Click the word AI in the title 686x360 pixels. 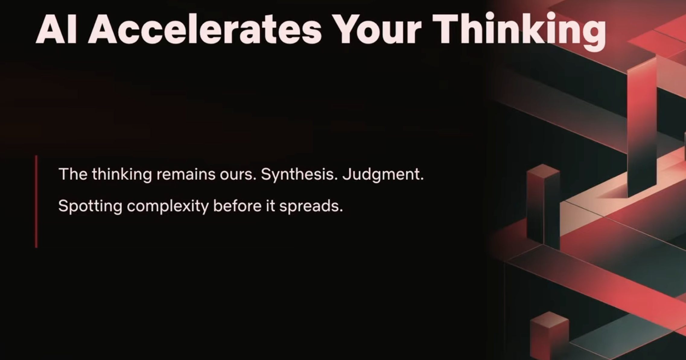tap(56, 29)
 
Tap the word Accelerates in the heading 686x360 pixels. tap(205, 29)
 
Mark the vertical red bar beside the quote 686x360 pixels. tap(36, 202)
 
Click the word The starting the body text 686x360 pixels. tap(73, 174)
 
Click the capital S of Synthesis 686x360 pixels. tap(266, 174)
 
